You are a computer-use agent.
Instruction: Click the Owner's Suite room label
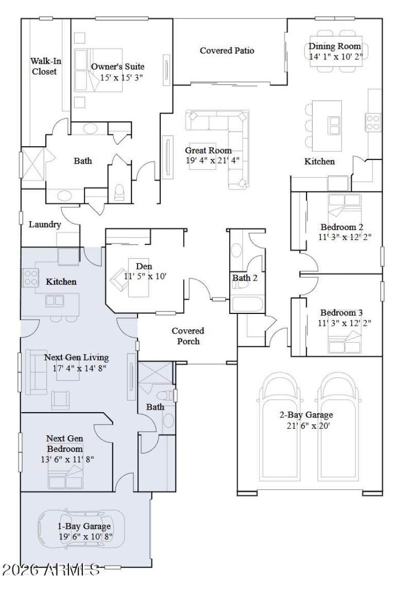click(x=117, y=67)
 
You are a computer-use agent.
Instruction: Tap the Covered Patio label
click(x=227, y=50)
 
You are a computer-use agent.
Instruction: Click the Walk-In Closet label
click(x=45, y=66)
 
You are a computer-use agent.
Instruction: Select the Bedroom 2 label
click(x=342, y=227)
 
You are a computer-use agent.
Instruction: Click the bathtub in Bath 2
click(x=248, y=304)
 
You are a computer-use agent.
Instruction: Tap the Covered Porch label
click(x=187, y=336)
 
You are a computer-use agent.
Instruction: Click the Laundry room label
click(x=45, y=224)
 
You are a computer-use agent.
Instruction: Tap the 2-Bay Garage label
click(x=306, y=415)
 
